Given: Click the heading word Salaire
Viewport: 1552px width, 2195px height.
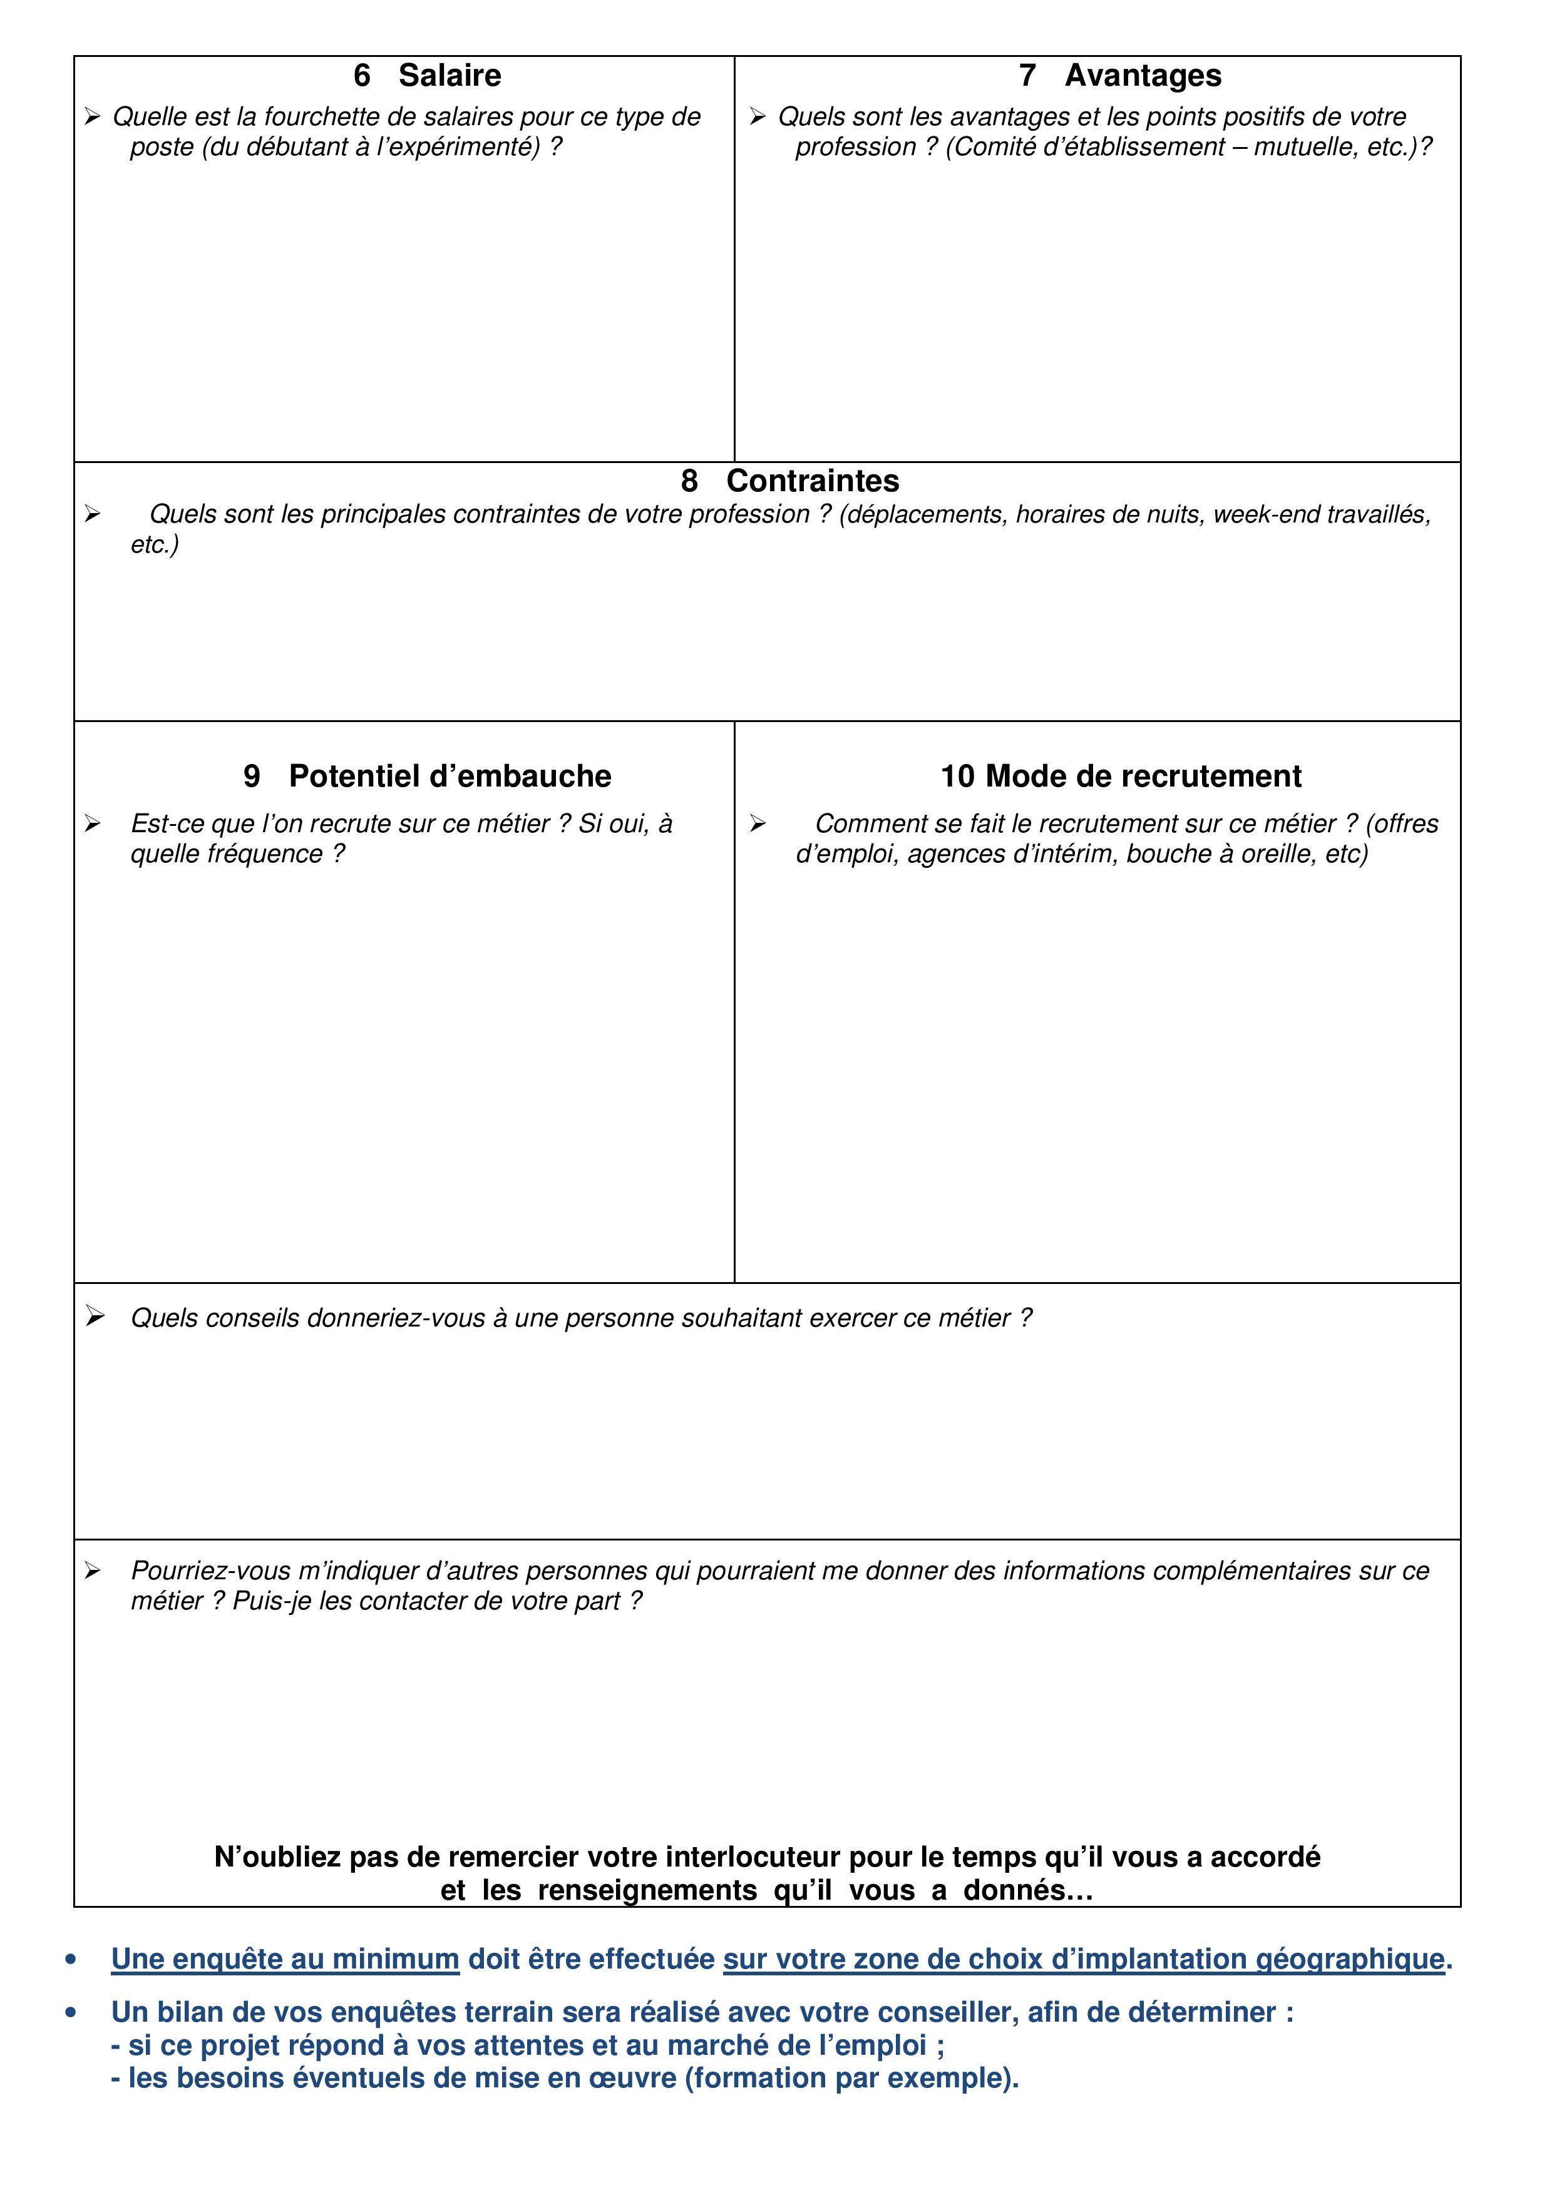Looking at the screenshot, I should (x=450, y=76).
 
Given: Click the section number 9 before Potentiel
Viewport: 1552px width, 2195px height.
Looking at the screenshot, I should (x=252, y=777).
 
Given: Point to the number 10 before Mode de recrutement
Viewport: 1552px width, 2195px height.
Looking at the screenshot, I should (x=957, y=777).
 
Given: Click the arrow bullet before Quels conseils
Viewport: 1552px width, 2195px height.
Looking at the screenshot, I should (x=94, y=1317).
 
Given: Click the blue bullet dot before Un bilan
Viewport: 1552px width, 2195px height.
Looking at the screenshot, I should (x=71, y=2014).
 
